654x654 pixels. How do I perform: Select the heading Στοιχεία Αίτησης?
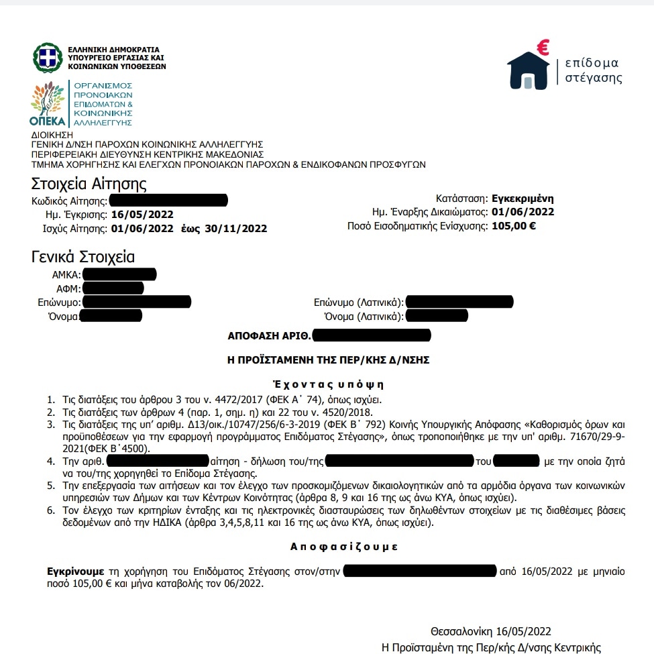pyautogui.click(x=89, y=184)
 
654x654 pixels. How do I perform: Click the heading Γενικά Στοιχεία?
pyautogui.click(x=83, y=257)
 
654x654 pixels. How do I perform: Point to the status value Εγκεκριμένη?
pyautogui.click(x=523, y=199)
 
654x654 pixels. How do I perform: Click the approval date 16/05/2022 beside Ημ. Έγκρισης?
pyautogui.click(x=142, y=215)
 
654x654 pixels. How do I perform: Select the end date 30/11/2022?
pyautogui.click(x=236, y=229)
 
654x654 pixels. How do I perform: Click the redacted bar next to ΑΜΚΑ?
pyautogui.click(x=119, y=274)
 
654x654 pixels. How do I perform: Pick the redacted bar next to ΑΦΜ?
pyautogui.click(x=113, y=288)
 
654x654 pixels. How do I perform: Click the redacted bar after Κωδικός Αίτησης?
pyautogui.click(x=168, y=200)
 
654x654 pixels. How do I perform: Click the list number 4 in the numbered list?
pyautogui.click(x=50, y=461)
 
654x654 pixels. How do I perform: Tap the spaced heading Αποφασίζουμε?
pyautogui.click(x=344, y=547)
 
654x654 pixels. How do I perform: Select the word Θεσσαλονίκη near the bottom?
pyautogui.click(x=462, y=632)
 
